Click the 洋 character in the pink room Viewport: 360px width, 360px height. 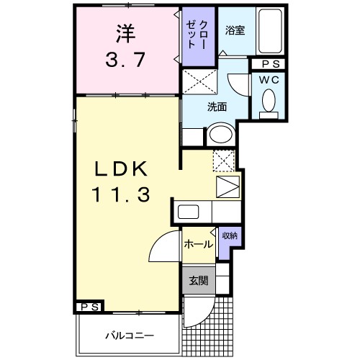point(125,32)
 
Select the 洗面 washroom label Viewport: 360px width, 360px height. point(217,107)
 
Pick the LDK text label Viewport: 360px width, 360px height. point(123,168)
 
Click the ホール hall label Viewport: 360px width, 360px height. point(198,244)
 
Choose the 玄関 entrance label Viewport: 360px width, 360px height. point(198,281)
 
